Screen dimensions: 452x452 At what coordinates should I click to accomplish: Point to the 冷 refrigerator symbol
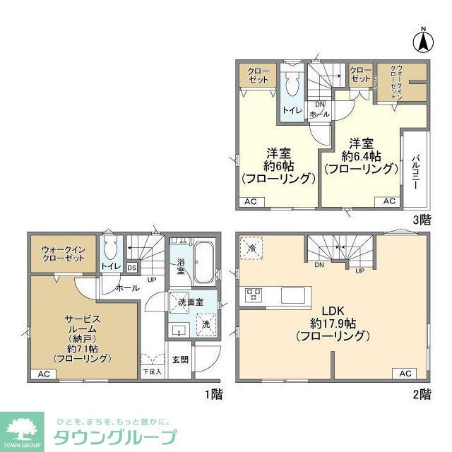click(252, 248)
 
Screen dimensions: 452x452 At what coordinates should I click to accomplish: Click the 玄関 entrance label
click(180, 359)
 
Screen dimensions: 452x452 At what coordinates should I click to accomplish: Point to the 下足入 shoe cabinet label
click(152, 371)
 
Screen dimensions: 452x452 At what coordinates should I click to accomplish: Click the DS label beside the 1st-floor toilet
click(132, 267)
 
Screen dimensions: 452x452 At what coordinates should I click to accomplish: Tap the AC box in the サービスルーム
click(42, 374)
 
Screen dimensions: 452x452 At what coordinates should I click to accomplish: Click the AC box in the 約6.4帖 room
click(389, 201)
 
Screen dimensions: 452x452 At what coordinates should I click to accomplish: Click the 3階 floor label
click(422, 220)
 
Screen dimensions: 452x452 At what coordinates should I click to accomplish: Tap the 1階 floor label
click(212, 393)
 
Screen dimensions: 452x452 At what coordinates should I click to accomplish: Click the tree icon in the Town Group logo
click(21, 425)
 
